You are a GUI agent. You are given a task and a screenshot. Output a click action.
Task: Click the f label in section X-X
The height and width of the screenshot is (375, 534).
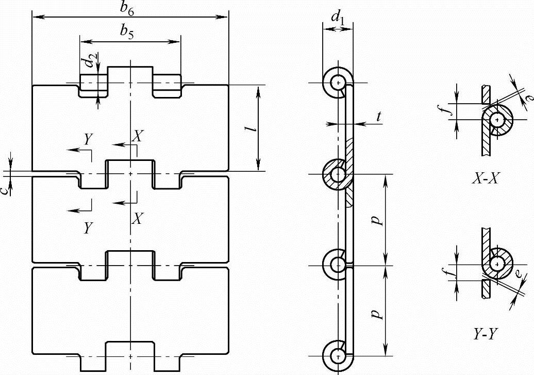(x=449, y=109)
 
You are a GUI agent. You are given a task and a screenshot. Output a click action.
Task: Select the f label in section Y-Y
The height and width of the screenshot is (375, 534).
(x=450, y=272)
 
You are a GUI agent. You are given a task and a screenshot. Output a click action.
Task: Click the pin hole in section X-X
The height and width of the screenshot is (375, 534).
(x=497, y=120)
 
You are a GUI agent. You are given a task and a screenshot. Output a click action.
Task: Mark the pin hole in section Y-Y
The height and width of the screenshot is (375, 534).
(x=497, y=264)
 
